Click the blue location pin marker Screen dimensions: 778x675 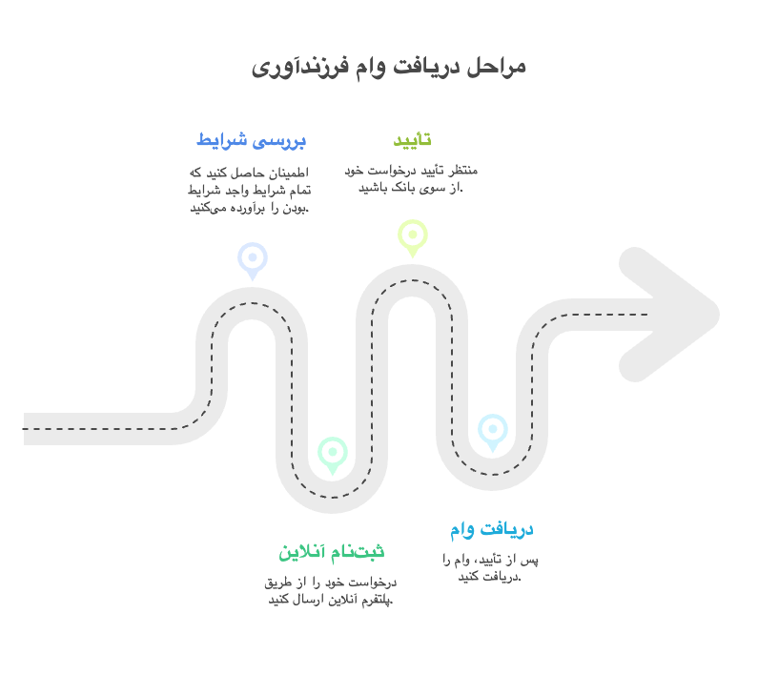pyautogui.click(x=253, y=260)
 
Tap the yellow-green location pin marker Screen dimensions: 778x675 pyautogui.click(x=412, y=237)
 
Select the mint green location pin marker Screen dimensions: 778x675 pyautogui.click(x=333, y=455)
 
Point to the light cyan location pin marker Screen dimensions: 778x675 pyautogui.click(x=493, y=432)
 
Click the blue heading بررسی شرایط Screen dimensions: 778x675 pyautogui.click(x=252, y=140)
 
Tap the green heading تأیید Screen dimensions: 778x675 pyautogui.click(x=412, y=139)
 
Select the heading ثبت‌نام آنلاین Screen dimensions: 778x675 pyautogui.click(x=332, y=551)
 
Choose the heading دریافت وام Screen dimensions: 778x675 pyautogui.click(x=492, y=529)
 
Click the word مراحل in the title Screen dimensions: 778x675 pyautogui.click(x=497, y=68)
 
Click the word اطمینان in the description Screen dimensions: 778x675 pyautogui.click(x=288, y=173)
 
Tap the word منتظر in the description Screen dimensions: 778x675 pyautogui.click(x=463, y=171)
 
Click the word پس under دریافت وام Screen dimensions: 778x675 pyautogui.click(x=529, y=561)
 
